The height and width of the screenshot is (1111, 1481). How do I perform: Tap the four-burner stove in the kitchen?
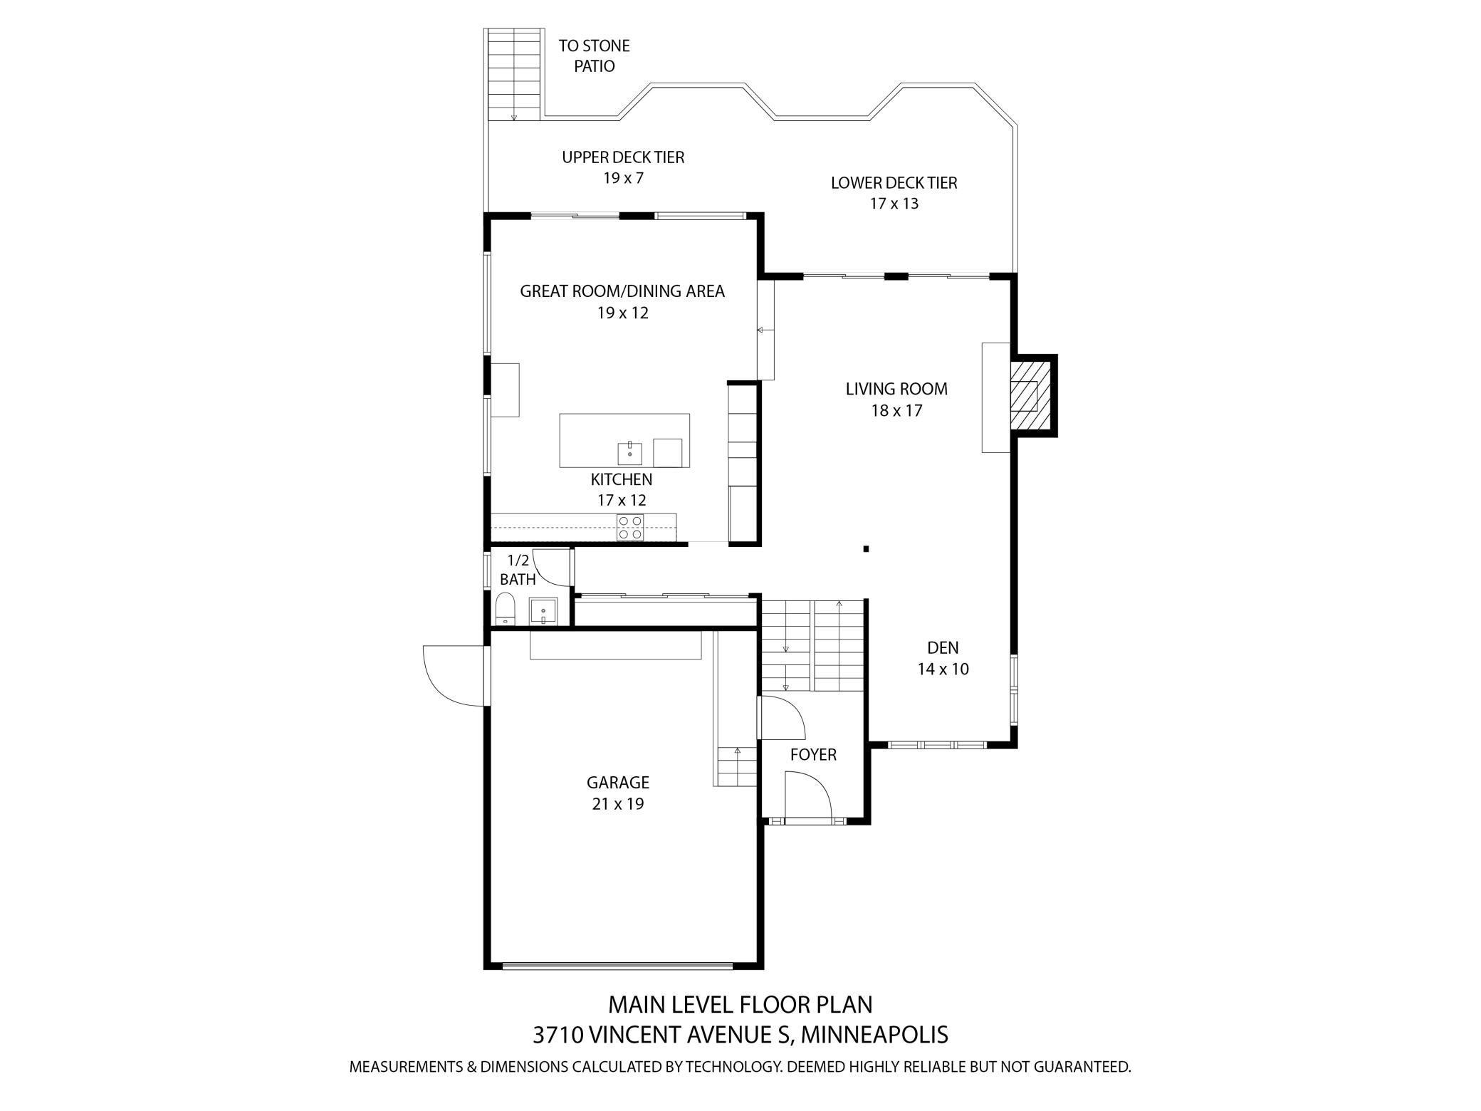(x=629, y=527)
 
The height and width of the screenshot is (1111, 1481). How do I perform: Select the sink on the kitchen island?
(x=629, y=452)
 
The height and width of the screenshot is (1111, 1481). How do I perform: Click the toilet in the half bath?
(x=505, y=610)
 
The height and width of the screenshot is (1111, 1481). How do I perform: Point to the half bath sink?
(x=543, y=612)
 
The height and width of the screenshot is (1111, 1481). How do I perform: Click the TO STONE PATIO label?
(x=595, y=56)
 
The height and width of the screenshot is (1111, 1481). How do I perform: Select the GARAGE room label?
(x=617, y=782)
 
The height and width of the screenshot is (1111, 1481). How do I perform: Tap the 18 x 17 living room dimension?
(x=896, y=410)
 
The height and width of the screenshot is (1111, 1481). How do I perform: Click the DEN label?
(x=943, y=647)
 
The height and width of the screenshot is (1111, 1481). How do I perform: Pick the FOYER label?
(x=813, y=754)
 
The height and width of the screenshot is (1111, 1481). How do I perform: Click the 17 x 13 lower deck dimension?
(x=894, y=203)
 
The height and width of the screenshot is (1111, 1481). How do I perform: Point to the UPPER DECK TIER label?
(x=623, y=157)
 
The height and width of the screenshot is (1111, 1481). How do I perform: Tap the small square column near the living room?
(x=866, y=548)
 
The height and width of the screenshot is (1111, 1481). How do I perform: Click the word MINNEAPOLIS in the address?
(x=875, y=1034)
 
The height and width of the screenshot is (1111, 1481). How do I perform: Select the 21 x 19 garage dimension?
(x=617, y=803)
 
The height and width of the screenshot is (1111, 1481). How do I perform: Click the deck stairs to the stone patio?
(x=513, y=75)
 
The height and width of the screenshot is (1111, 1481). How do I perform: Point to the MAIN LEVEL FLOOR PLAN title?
(x=740, y=1004)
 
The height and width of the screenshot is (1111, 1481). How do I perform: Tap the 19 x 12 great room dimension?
(x=623, y=313)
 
